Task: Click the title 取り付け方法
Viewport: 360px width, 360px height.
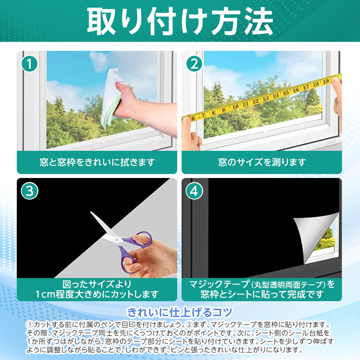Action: coord(180,21)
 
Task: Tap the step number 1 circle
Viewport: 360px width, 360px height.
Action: coord(30,63)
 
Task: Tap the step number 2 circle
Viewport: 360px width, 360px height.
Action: coord(194,63)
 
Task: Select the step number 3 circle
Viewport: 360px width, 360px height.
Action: coord(30,191)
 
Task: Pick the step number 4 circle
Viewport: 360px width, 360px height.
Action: coord(194,191)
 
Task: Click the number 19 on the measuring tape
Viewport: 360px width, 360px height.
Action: coord(326,82)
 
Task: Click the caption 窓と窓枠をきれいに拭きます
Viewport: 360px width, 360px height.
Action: coord(97,162)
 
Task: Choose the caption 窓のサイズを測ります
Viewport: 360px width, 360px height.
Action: coord(262,162)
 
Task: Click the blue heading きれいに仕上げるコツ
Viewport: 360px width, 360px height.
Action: coord(180,311)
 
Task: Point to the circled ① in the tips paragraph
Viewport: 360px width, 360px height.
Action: coord(30,324)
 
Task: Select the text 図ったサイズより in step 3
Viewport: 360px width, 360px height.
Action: coord(97,284)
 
